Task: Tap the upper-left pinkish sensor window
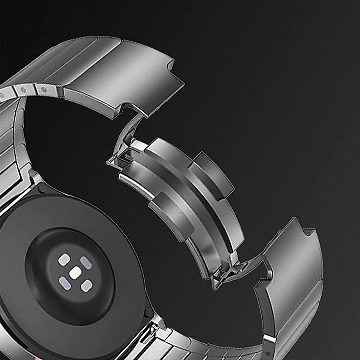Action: point(64,260)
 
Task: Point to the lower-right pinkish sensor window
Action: point(86,286)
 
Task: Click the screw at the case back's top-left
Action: point(42,188)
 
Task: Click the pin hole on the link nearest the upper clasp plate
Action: point(44,90)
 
